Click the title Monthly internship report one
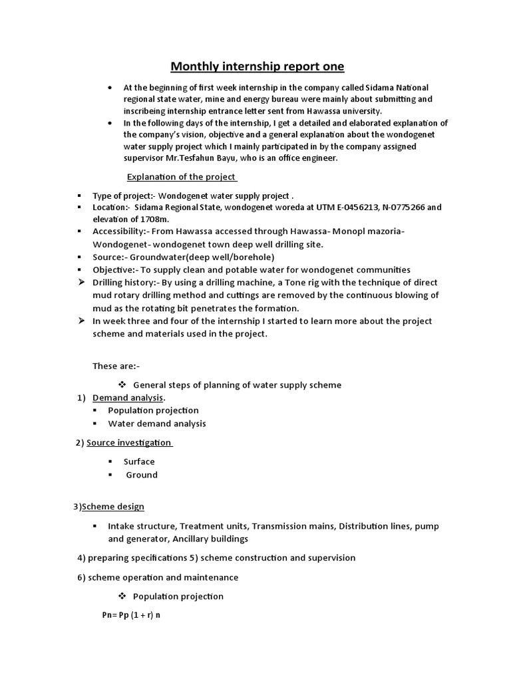pyautogui.click(x=257, y=67)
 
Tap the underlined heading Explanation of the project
pyautogui.click(x=182, y=177)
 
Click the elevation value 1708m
pyautogui.click(x=156, y=219)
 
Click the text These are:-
pyautogui.click(x=116, y=366)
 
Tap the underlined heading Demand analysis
pyautogui.click(x=128, y=398)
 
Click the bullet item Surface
pyautogui.click(x=139, y=462)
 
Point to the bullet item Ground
pyautogui.click(x=142, y=475)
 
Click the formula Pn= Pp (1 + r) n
pyautogui.click(x=131, y=615)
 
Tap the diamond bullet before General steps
pyautogui.click(x=122, y=384)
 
